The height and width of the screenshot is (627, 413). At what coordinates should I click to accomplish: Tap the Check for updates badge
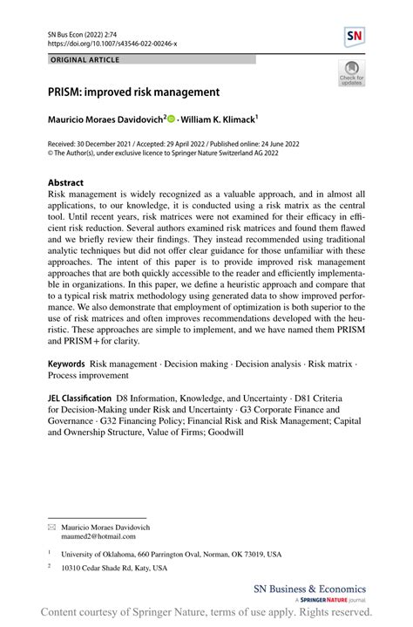point(351,73)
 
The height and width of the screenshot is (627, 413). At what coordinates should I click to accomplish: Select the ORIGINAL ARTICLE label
point(85,59)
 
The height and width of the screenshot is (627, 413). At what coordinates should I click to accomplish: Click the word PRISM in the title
point(65,91)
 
